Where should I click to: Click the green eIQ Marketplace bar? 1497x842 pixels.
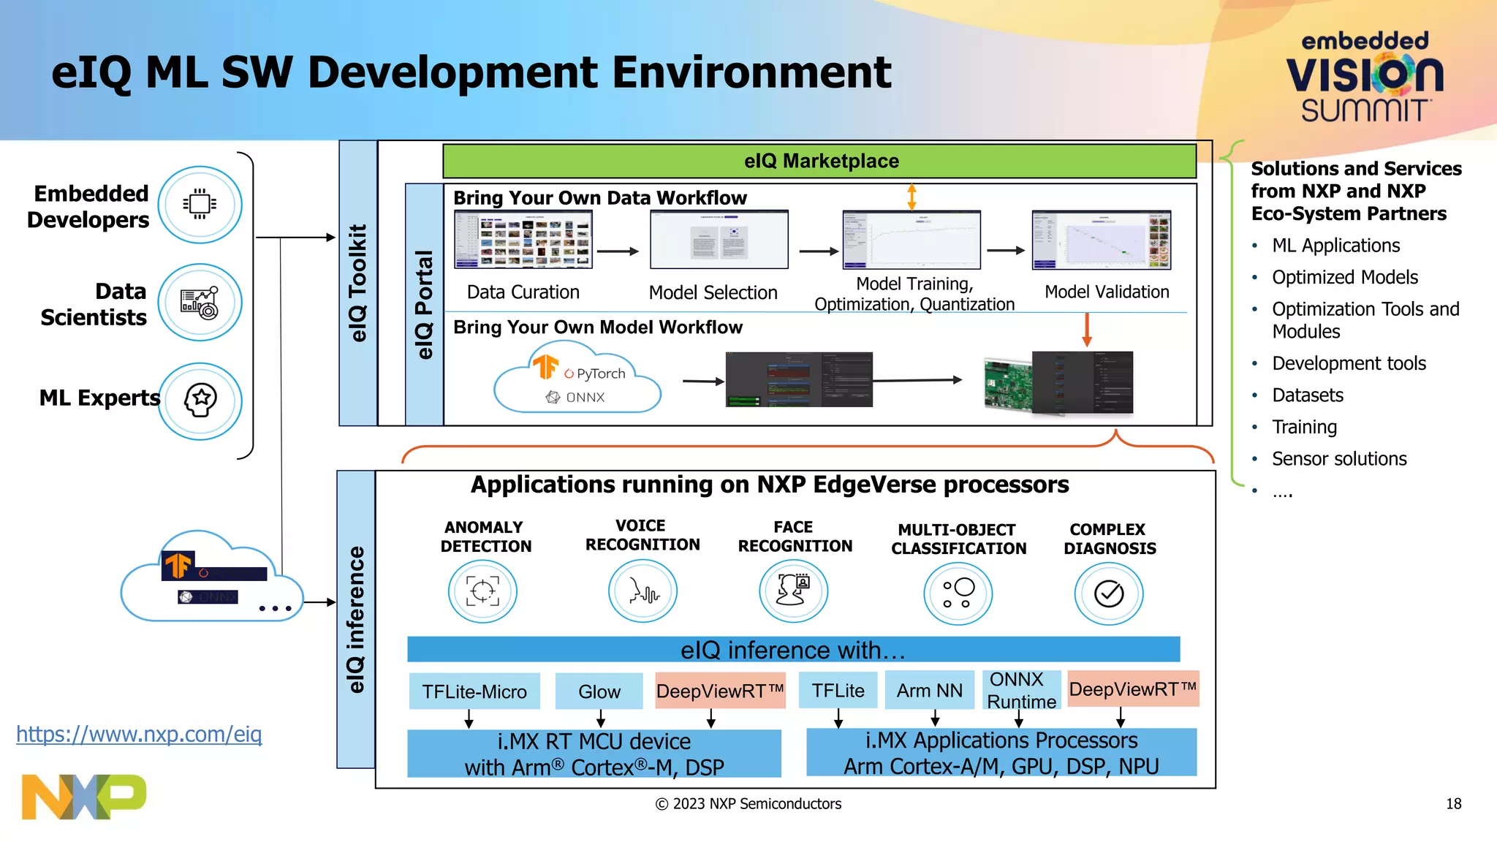coord(819,161)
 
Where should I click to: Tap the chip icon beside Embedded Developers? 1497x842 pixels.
coord(200,204)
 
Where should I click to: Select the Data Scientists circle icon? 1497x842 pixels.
coord(200,302)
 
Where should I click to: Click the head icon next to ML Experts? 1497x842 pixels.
coord(200,401)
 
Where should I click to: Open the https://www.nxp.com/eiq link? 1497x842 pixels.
coord(139,734)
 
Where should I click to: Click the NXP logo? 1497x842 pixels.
coord(83,797)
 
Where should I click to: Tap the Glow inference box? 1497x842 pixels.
coord(599,691)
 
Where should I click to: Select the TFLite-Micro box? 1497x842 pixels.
coord(474,691)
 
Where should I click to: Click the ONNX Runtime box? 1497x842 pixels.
coord(1020,690)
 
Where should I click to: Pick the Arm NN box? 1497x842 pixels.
coord(929,690)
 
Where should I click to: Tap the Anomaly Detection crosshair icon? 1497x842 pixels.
coord(482,591)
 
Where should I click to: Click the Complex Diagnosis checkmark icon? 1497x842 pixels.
coord(1108,593)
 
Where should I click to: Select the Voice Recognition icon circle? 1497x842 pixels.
coord(643,591)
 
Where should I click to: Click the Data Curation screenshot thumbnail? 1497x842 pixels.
coord(523,239)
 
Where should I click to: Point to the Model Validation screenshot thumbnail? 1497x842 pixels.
coord(1101,240)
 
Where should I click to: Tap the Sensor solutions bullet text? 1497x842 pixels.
coord(1338,459)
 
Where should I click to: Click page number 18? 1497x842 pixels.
coord(1453,804)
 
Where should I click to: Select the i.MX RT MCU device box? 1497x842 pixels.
coord(594,754)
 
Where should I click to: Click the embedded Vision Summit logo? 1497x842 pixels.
coord(1364,76)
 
